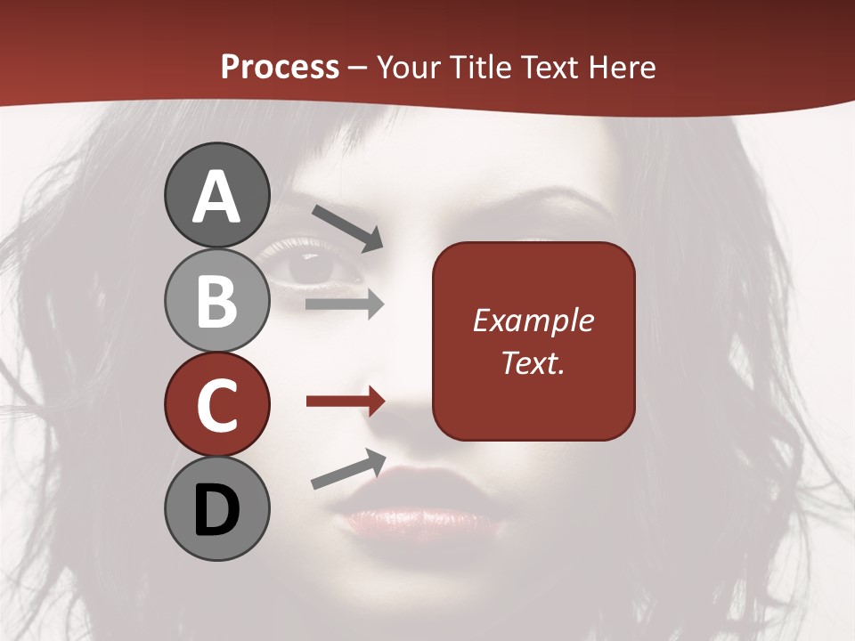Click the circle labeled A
click(x=217, y=195)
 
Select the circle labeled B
click(x=217, y=300)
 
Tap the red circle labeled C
click(x=217, y=404)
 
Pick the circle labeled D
click(x=217, y=508)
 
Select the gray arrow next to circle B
click(x=345, y=304)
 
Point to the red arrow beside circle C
click(x=345, y=402)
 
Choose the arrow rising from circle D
click(x=348, y=469)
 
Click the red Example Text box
click(x=533, y=341)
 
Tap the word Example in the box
click(x=533, y=320)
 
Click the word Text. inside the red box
click(x=533, y=362)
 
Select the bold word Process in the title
click(x=280, y=67)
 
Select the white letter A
click(x=217, y=197)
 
